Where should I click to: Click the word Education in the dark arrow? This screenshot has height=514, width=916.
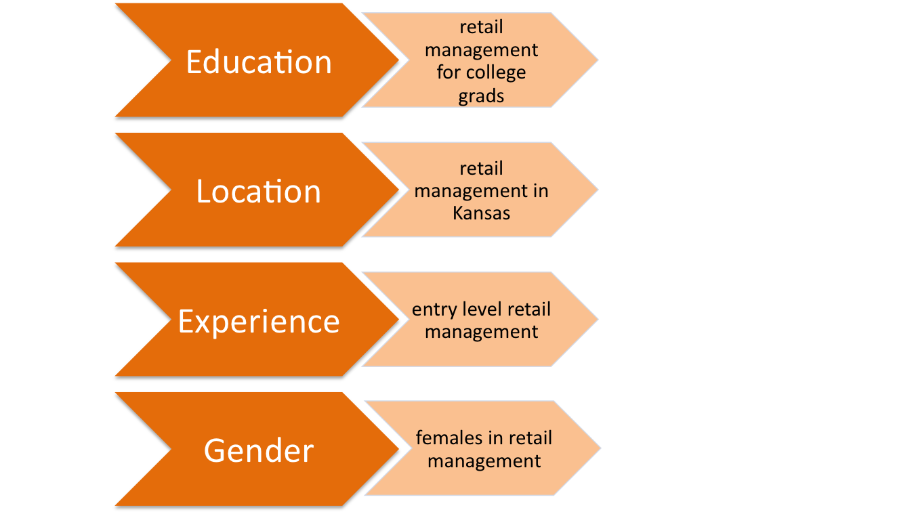[258, 62]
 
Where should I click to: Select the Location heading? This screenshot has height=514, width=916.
[258, 191]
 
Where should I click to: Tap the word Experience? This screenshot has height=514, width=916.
[258, 322]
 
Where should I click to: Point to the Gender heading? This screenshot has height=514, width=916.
[258, 450]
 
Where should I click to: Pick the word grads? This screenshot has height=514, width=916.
[481, 97]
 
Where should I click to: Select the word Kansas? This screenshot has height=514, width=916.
[481, 213]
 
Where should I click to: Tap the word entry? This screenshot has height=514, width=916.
[434, 310]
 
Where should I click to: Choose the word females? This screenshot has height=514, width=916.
[449, 437]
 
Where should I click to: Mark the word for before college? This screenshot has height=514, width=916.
[449, 72]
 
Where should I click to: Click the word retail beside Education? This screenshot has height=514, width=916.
[481, 27]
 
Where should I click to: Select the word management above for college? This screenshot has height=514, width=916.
[481, 51]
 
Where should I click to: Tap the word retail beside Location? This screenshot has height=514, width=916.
[481, 169]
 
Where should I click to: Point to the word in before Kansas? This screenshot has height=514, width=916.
[541, 190]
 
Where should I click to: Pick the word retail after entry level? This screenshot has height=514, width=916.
[529, 309]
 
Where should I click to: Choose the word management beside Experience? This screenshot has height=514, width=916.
[481, 333]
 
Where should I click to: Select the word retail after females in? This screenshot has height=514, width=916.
[530, 437]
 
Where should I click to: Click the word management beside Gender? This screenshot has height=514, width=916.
[484, 462]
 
